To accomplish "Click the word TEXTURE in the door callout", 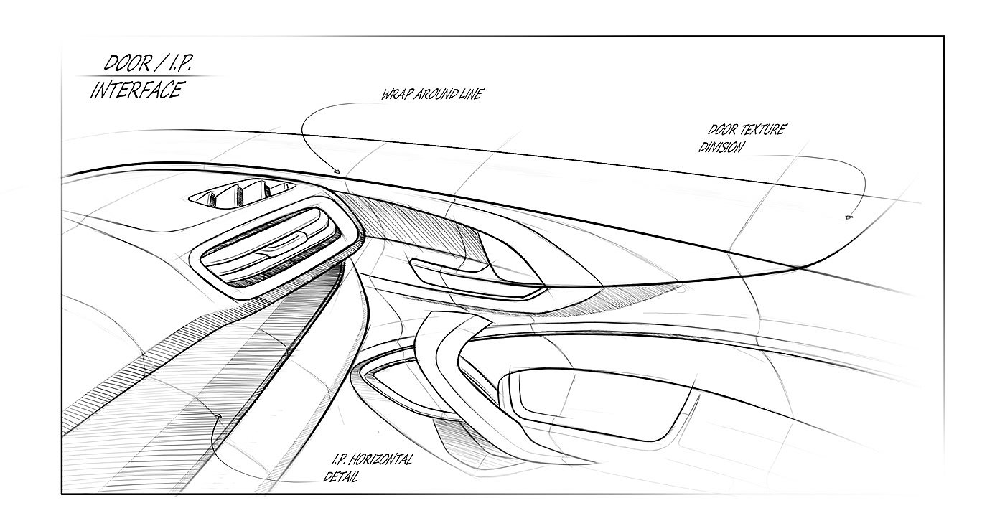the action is pyautogui.click(x=759, y=131).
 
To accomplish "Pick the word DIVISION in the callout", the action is pyautogui.click(x=721, y=147).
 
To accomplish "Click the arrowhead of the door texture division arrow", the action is pyautogui.click(x=849, y=216).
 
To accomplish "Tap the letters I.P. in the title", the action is pyautogui.click(x=176, y=63).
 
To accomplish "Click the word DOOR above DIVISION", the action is pyautogui.click(x=722, y=131).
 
